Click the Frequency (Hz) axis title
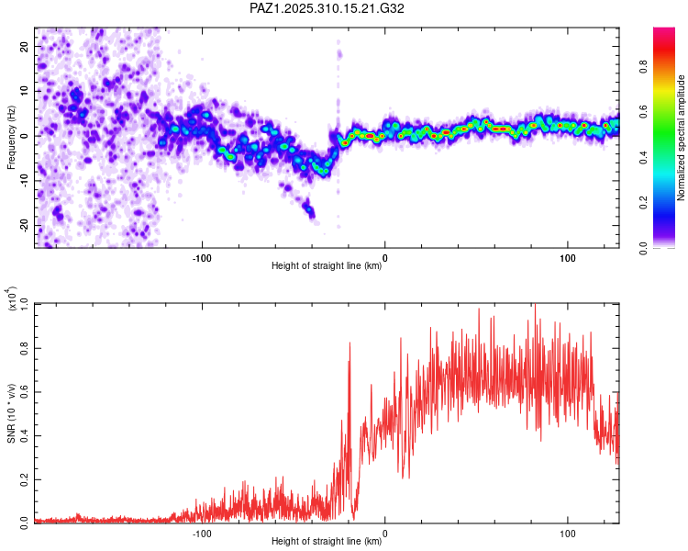pos(11,137)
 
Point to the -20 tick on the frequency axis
pos(22,226)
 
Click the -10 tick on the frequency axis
pos(22,181)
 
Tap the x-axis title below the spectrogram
pos(327,266)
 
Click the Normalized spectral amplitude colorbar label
pos(682,137)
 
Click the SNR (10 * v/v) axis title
pos(11,412)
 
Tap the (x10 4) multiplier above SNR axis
pos(11,299)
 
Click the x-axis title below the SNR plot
pos(327,543)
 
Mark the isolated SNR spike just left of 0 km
pos(350,343)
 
